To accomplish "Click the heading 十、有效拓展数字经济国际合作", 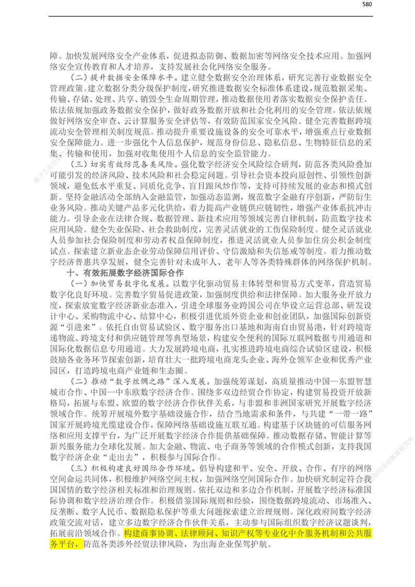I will point(125,273).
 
